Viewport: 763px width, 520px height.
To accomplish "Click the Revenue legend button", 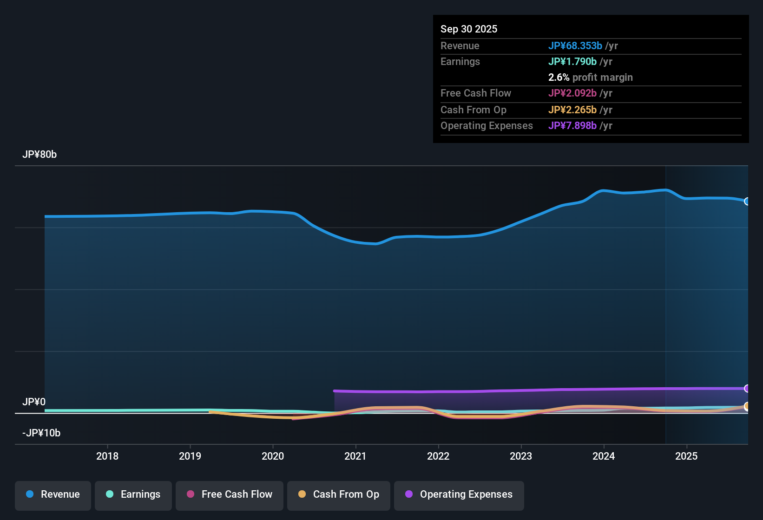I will coord(53,495).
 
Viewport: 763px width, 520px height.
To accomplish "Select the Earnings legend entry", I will coord(133,495).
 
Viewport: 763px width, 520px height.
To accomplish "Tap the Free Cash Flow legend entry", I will coord(230,495).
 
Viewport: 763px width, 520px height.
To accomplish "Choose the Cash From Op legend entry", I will coord(339,495).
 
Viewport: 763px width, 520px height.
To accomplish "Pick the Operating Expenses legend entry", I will coord(459,495).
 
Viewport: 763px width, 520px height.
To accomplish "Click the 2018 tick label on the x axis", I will coord(107,456).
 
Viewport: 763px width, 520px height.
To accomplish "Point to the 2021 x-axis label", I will coord(355,456).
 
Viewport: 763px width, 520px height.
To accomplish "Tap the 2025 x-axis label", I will coord(686,456).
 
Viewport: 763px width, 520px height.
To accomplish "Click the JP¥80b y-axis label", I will coord(39,155).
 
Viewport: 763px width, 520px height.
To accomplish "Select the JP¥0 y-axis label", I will coord(34,402).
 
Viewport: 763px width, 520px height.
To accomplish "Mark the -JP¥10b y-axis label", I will coord(41,433).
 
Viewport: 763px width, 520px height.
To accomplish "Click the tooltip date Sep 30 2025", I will coord(469,29).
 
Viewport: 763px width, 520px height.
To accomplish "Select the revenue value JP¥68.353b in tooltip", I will coord(575,46).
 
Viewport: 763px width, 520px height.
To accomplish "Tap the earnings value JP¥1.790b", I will coord(572,62).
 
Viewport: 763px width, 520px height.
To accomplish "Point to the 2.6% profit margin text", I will coord(590,78).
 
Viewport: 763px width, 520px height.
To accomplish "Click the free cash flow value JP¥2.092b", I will coord(572,93).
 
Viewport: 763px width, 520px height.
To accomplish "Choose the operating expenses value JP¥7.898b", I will coord(572,126).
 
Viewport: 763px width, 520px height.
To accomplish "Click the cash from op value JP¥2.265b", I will coord(572,110).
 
